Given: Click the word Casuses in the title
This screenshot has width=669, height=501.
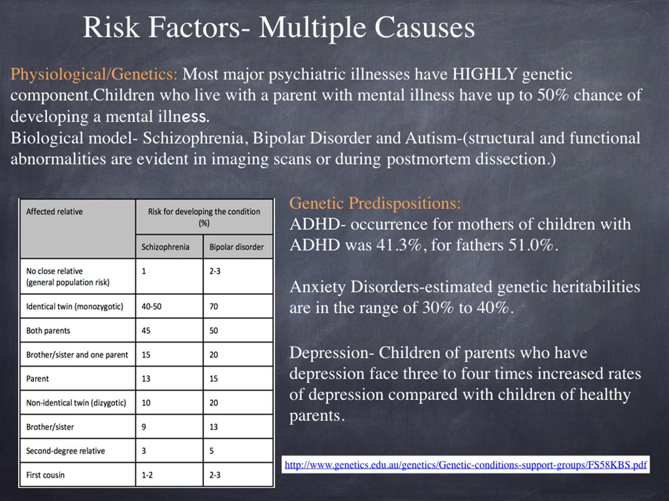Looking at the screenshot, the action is (x=424, y=27).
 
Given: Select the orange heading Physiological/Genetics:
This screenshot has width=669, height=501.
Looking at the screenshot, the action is (x=94, y=74).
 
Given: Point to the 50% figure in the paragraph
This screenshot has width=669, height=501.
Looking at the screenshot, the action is (x=552, y=95).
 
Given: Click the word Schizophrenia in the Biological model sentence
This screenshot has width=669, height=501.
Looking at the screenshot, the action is (x=193, y=138).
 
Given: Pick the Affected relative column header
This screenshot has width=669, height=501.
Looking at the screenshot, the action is (x=54, y=212).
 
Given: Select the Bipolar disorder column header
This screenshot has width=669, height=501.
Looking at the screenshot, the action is (x=236, y=247).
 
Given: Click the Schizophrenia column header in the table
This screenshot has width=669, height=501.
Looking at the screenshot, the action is (x=165, y=247).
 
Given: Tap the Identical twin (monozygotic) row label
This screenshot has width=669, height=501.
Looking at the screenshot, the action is (x=75, y=306).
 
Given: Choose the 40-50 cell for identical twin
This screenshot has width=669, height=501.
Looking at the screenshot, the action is (x=152, y=306).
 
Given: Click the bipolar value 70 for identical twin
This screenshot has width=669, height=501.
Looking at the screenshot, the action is (x=214, y=306).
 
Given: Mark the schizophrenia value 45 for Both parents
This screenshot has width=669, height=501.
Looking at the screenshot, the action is (x=146, y=330).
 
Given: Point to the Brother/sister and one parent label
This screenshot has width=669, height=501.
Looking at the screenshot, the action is (x=77, y=355).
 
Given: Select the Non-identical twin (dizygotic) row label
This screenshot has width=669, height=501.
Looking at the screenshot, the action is (x=76, y=402).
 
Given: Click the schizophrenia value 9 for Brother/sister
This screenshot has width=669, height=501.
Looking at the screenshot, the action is (x=143, y=427).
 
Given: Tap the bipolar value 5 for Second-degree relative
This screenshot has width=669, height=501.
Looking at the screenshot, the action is (x=211, y=451).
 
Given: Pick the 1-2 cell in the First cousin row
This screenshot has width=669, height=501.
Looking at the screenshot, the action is (x=147, y=475).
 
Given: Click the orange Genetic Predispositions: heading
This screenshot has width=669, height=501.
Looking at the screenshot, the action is (x=375, y=203).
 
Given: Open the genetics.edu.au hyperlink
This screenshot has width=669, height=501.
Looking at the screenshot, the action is (x=466, y=465).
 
